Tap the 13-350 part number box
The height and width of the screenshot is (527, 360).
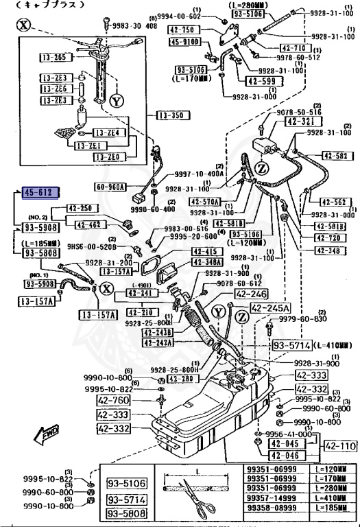pos(174,115)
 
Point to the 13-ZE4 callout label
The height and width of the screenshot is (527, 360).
pos(106,132)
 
